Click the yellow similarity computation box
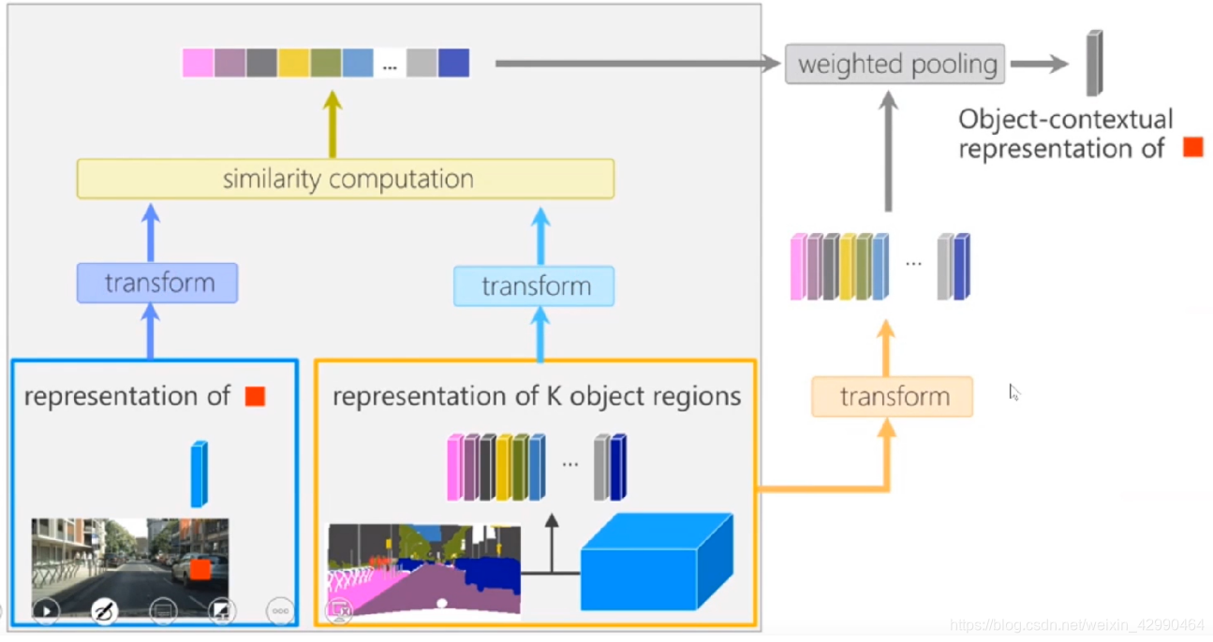(345, 179)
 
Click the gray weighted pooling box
(895, 65)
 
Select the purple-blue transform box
(157, 283)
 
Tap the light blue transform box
(534, 286)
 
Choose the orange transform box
(892, 397)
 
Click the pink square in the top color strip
(198, 63)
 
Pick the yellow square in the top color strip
(293, 63)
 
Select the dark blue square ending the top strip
(453, 63)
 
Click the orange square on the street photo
(200, 569)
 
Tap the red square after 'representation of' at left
(255, 397)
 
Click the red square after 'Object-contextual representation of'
(1192, 147)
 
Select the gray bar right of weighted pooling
(1094, 63)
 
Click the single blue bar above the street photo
(199, 474)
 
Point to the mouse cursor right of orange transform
(1013, 391)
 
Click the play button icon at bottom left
(45, 612)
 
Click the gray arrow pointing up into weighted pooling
(889, 150)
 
